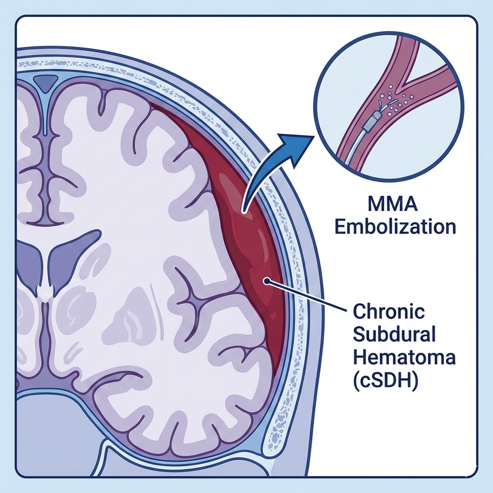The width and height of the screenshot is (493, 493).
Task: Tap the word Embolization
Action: (x=395, y=226)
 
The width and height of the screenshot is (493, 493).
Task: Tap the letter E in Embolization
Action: (x=339, y=226)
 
